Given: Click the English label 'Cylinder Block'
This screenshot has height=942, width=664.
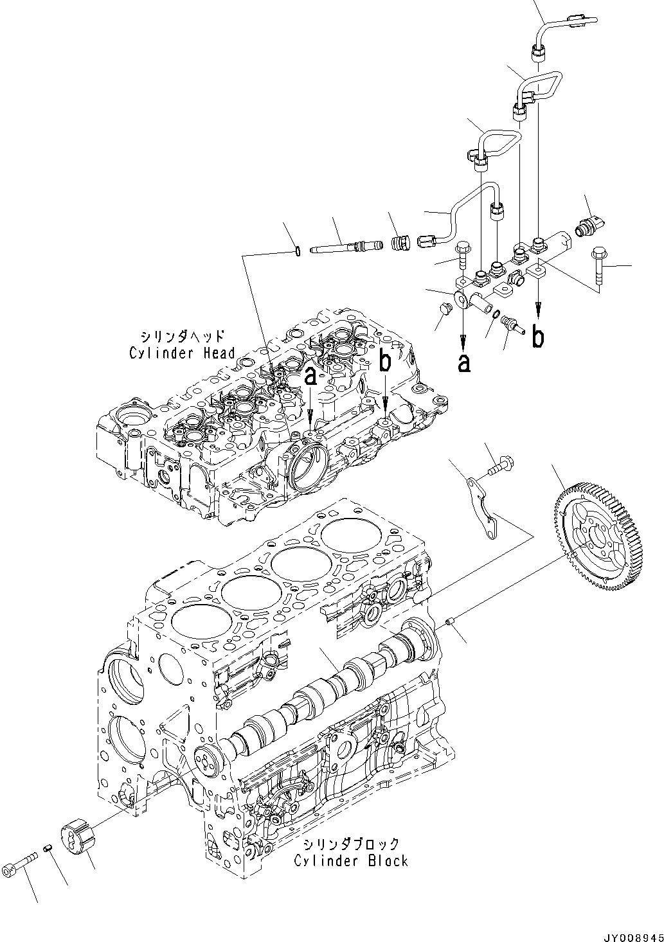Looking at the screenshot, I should [x=351, y=860].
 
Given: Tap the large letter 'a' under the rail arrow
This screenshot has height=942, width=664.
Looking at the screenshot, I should [x=463, y=363].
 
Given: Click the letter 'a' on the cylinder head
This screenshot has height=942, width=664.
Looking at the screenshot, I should [x=310, y=377].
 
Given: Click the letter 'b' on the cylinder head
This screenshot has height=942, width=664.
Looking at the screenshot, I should [x=384, y=362].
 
